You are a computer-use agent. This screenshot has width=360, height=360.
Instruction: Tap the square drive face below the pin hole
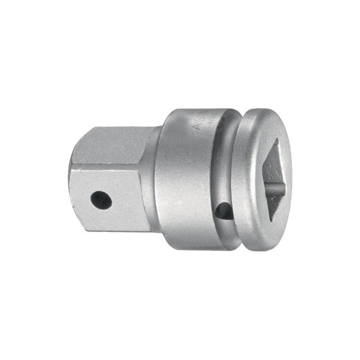coord(112,220)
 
